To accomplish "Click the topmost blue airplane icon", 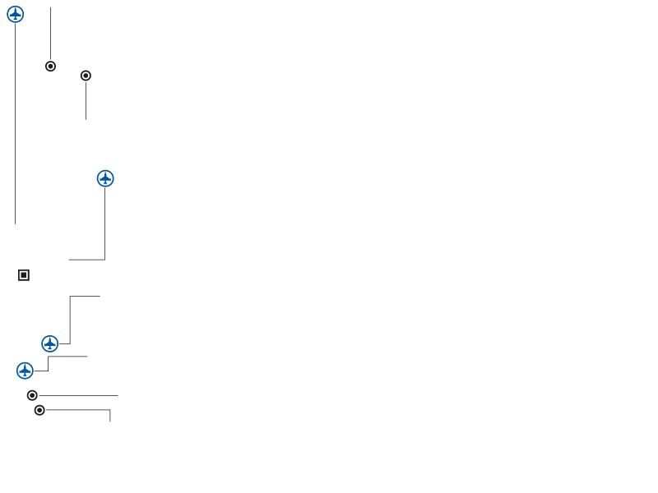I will [16, 14].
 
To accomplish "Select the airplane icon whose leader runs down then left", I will [105, 178].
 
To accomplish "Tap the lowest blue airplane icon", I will [25, 371].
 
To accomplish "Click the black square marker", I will [24, 275].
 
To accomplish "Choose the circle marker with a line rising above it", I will [50, 66].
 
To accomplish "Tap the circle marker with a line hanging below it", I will [86, 76].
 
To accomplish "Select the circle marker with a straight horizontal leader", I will [32, 395].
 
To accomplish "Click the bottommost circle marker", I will [39, 410].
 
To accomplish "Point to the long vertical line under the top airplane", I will [15, 123].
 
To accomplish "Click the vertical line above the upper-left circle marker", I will [50, 33].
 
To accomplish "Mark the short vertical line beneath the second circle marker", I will [86, 100].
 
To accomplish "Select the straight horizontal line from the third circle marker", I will [78, 395].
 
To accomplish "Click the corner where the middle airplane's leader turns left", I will [104, 260].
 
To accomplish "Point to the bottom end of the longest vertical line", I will [15, 223].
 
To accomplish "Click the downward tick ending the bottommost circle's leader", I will [109, 416].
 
